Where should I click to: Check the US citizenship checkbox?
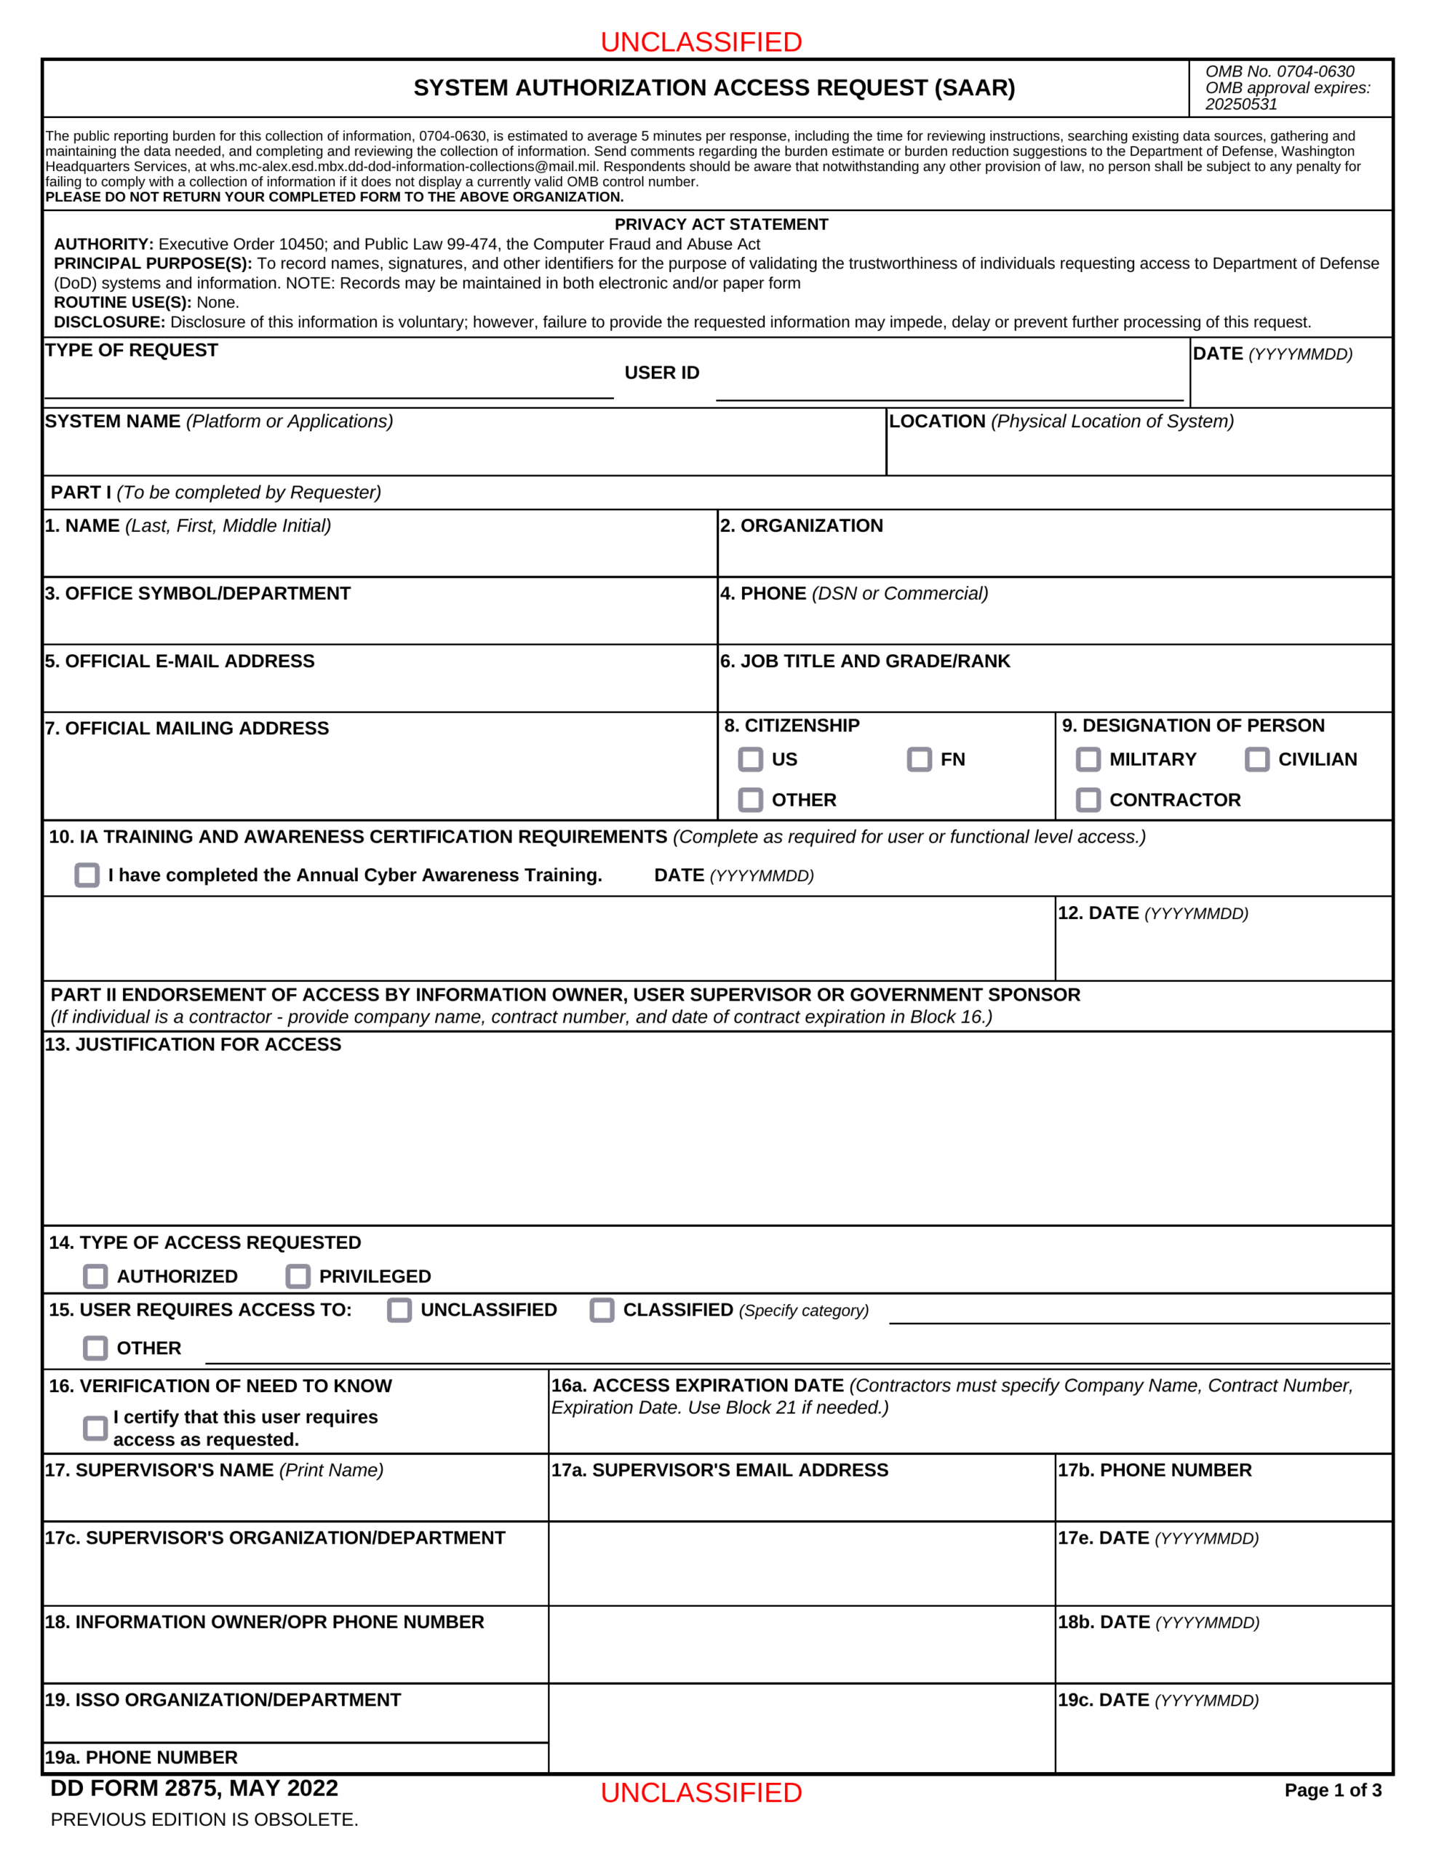[750, 759]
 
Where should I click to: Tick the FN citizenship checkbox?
[919, 759]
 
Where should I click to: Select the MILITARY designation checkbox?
[1088, 759]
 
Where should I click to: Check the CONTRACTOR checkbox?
[1088, 800]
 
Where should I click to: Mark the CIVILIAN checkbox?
[1256, 759]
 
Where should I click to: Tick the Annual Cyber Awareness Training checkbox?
[87, 875]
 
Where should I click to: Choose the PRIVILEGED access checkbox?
[298, 1276]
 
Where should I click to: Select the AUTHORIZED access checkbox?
[95, 1276]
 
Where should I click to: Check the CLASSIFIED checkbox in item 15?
[602, 1310]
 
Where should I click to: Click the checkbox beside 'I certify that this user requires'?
[95, 1428]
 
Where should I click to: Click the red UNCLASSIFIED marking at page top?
[701, 41]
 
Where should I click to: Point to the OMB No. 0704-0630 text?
[1279, 71]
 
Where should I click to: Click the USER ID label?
[661, 373]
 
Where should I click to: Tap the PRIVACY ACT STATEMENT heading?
[721, 224]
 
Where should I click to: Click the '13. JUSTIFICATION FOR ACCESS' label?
[193, 1045]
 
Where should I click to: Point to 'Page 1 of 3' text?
[1332, 1790]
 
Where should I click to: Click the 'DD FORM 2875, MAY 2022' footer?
[194, 1789]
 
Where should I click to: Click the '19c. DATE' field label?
[1157, 1700]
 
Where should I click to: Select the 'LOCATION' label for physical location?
[936, 421]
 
